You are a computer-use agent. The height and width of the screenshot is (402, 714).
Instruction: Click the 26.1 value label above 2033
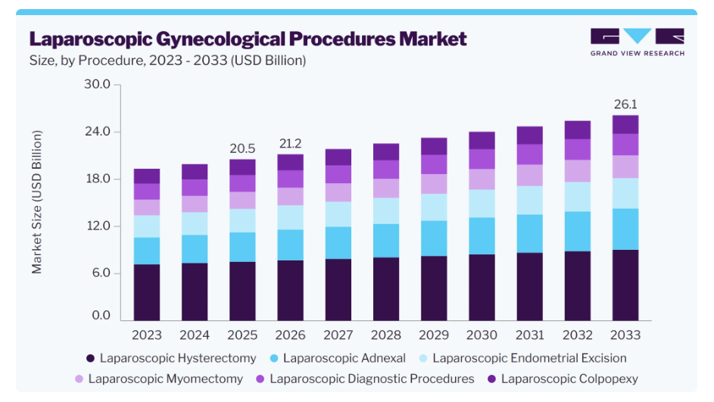click(x=625, y=104)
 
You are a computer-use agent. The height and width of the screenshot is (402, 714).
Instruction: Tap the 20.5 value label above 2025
click(x=242, y=148)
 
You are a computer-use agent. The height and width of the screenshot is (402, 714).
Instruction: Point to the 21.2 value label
click(x=290, y=143)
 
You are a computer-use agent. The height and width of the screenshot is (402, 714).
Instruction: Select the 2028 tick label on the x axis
click(x=385, y=335)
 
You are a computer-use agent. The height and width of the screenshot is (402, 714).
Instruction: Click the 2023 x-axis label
click(x=147, y=335)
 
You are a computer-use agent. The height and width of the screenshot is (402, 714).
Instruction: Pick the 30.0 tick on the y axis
click(x=97, y=84)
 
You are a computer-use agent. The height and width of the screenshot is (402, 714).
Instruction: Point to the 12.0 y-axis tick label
click(x=98, y=226)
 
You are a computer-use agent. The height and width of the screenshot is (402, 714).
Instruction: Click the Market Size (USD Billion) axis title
click(x=36, y=202)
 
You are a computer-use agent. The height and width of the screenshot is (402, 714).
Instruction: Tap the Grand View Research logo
click(x=637, y=42)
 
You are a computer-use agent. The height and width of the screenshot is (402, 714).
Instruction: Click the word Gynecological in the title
click(x=220, y=39)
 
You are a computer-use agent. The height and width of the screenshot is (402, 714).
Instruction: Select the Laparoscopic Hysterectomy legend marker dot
click(x=90, y=358)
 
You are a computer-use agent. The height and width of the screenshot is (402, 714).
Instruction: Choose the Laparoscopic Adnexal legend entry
click(x=338, y=358)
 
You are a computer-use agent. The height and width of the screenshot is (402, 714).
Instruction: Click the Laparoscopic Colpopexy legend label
click(x=569, y=379)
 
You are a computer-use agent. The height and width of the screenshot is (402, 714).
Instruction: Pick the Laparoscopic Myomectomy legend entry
click(x=159, y=379)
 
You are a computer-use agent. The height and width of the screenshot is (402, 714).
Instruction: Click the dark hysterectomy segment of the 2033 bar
click(x=625, y=285)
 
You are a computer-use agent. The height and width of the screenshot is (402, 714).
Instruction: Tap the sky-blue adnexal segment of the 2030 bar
click(x=482, y=236)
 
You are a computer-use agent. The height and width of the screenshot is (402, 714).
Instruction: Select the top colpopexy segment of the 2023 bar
click(x=147, y=176)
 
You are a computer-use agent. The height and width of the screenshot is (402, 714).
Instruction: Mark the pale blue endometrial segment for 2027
click(x=338, y=214)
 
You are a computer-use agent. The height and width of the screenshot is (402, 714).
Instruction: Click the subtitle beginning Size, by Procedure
click(x=167, y=61)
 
